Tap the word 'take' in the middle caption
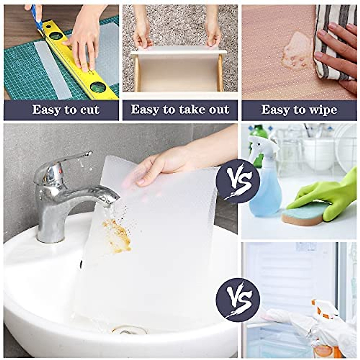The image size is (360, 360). [x=185, y=110]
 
